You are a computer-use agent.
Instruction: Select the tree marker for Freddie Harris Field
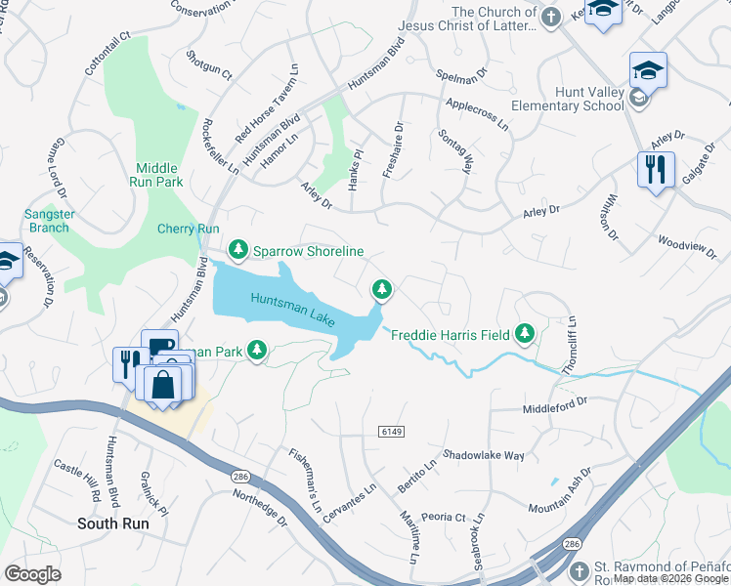point(526,335)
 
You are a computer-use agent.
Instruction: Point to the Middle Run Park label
point(156,175)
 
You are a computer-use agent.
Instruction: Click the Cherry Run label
point(189,229)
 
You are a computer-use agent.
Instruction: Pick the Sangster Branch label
point(46,221)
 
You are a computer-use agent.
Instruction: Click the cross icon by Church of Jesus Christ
point(551,18)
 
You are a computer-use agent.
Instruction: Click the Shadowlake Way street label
point(484,455)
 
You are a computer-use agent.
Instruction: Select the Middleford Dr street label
point(555,401)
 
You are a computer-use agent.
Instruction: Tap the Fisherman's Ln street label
point(304,480)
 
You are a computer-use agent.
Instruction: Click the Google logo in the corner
point(32,574)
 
